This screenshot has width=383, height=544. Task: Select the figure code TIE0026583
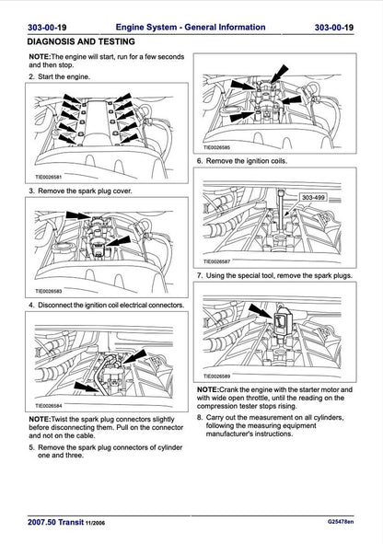[x=52, y=293]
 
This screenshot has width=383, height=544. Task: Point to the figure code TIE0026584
[x=52, y=404]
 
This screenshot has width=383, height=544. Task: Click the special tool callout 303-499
[x=313, y=197]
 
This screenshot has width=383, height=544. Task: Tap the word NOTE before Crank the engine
[x=207, y=389]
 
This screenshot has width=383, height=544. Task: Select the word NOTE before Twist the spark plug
[x=40, y=419]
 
